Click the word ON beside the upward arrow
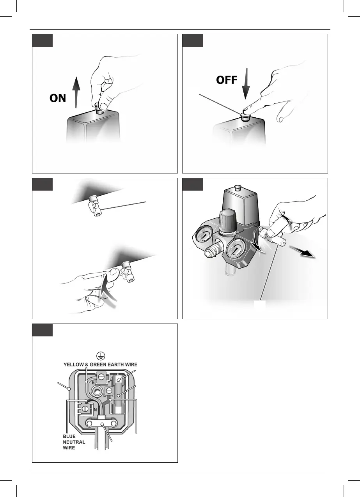(x=58, y=98)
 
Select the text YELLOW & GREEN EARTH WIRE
(x=101, y=364)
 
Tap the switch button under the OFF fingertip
(x=245, y=116)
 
